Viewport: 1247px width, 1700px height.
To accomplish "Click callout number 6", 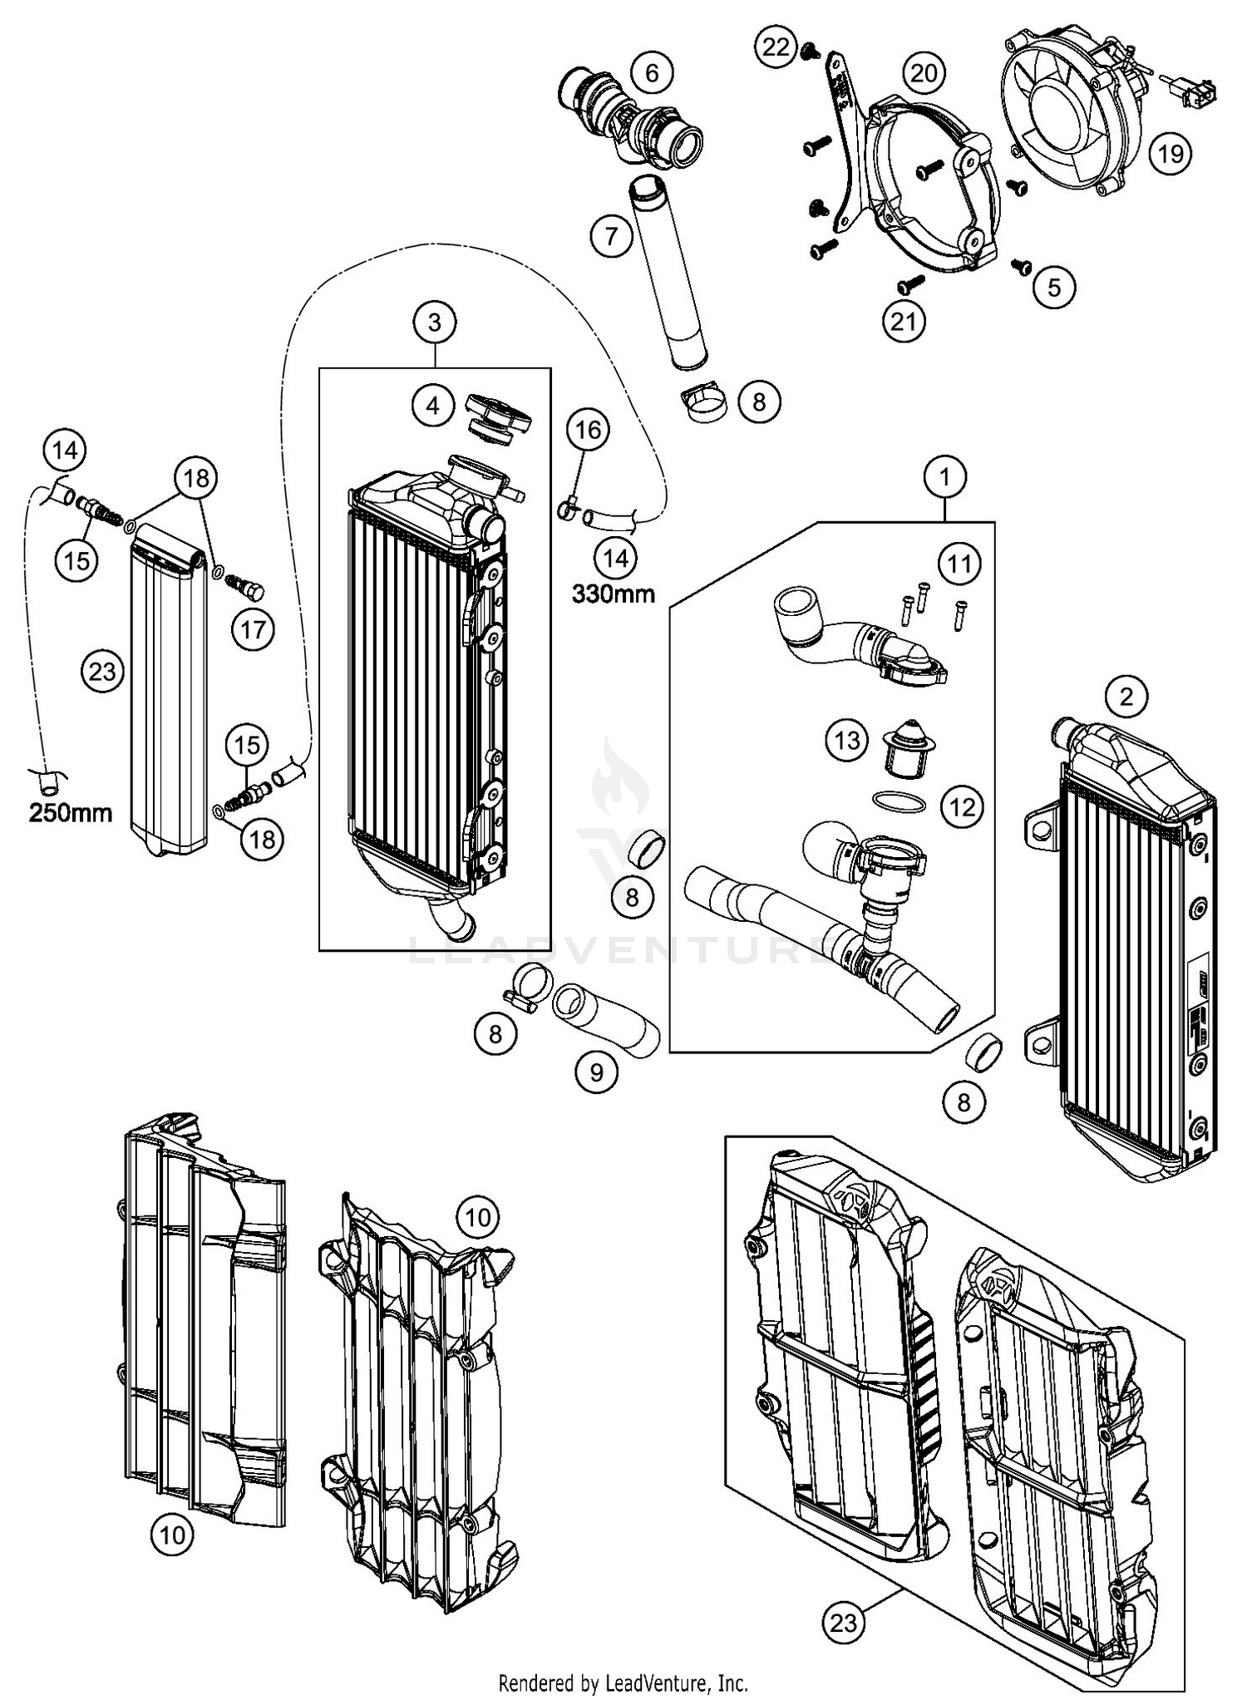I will [x=651, y=73].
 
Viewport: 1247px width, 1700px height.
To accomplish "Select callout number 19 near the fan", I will [x=1170, y=153].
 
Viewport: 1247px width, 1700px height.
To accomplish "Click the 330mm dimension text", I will [x=613, y=594].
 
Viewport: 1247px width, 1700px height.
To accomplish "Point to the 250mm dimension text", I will [x=71, y=812].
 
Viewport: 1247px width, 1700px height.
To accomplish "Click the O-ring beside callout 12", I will [x=899, y=801].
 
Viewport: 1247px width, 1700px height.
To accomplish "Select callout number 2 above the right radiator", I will [x=1126, y=697].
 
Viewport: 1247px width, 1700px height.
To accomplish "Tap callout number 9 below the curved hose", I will [x=597, y=1072].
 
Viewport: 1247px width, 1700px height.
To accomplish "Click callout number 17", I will [x=253, y=629].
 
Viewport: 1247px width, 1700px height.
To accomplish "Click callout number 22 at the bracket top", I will [x=776, y=47].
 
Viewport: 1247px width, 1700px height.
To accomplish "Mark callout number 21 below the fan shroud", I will [x=903, y=321].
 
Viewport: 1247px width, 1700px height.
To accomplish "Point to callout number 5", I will [x=1054, y=287].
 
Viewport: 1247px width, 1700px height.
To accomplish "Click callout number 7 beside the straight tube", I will [x=612, y=237].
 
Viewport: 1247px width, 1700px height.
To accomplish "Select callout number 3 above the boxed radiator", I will [x=435, y=322].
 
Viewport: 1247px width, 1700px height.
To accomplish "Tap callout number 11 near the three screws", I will [x=959, y=564].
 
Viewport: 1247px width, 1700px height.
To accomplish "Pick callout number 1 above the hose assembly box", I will [x=945, y=477].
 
